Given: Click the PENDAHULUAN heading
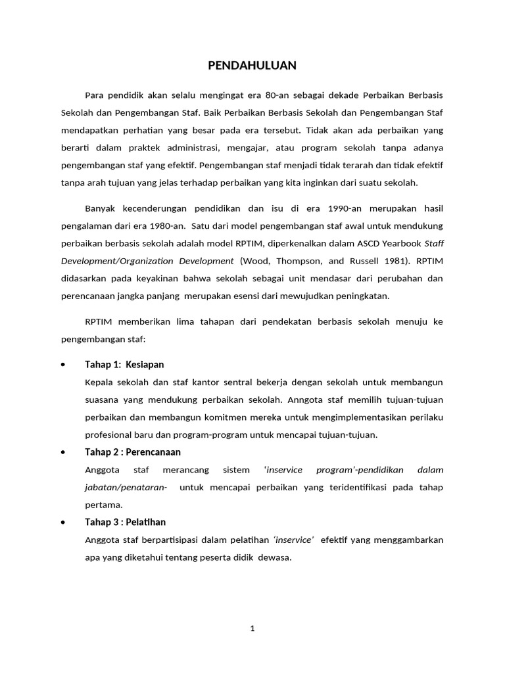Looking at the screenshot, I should (x=252, y=65).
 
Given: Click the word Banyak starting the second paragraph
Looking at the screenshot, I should (x=101, y=209).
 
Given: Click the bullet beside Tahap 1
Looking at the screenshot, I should (x=62, y=365).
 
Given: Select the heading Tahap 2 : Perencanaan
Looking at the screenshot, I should (x=133, y=452).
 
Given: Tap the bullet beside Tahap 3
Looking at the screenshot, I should (x=62, y=522).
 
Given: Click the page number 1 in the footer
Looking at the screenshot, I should (x=252, y=628).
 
